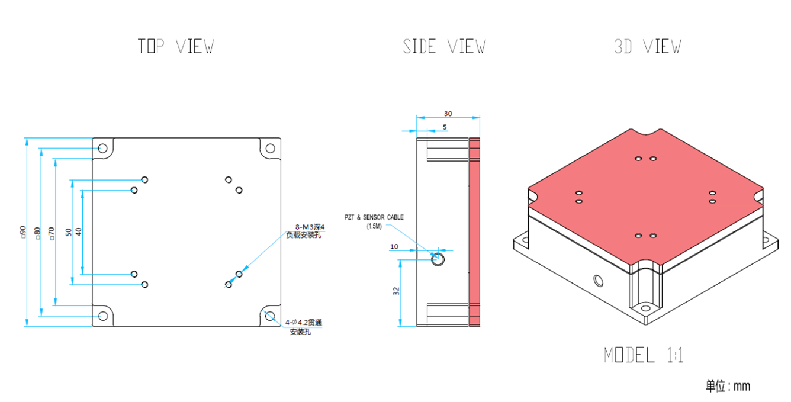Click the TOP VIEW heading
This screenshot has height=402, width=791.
coord(175,46)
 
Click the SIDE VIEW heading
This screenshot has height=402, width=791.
coord(444,46)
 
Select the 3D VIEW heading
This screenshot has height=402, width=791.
coord(647,46)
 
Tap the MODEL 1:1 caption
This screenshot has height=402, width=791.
coord(644,355)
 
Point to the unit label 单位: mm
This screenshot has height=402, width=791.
coord(728,386)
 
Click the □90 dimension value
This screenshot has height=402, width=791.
coord(23,231)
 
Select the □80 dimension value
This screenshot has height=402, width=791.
coord(37,232)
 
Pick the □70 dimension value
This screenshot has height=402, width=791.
coord(51,233)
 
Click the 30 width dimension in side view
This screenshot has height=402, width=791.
coord(448,113)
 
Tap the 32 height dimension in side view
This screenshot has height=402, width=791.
coord(396,291)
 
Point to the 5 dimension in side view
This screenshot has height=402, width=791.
coord(445,127)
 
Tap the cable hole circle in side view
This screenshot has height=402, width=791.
coord(438,259)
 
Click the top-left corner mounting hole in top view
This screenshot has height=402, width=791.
coord(103,147)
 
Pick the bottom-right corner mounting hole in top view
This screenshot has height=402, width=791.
coord(270,316)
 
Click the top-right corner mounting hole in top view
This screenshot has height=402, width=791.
coord(270,148)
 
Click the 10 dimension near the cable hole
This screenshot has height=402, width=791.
coord(394,246)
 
